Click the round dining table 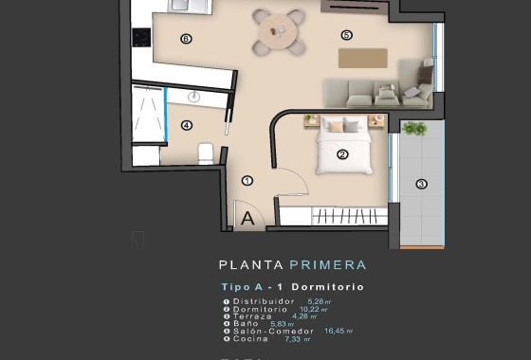[x=280, y=31]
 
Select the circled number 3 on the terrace [x=421, y=184]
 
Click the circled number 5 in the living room [x=346, y=35]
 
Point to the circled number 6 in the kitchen [x=186, y=39]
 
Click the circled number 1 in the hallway [x=247, y=180]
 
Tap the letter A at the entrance [x=247, y=218]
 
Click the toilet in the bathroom [x=206, y=153]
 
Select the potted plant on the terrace [x=414, y=128]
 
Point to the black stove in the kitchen [x=141, y=37]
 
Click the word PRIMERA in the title [x=328, y=265]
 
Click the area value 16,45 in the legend [x=336, y=331]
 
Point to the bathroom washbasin [x=194, y=96]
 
